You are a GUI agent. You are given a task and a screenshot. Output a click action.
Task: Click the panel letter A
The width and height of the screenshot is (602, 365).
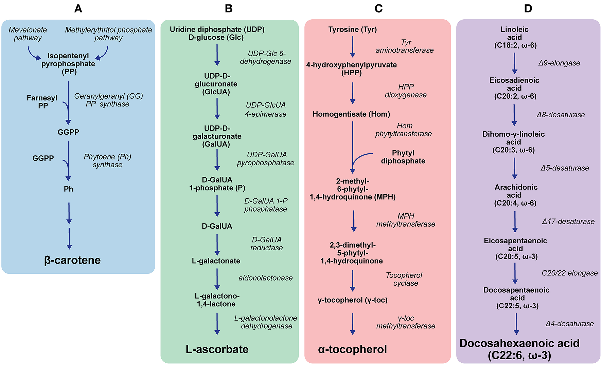pos(78,8)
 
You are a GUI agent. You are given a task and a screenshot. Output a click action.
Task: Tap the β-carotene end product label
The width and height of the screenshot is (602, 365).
pos(72,260)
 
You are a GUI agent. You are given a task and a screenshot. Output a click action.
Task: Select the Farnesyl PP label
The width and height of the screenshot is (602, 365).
pos(42,102)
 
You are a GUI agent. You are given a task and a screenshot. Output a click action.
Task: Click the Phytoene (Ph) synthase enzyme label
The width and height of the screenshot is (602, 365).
pos(107,161)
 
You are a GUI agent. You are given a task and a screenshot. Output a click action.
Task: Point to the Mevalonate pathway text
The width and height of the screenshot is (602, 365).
pos(28,34)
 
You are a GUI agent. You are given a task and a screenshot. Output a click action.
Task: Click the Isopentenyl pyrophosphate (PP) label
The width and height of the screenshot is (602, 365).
pos(68,63)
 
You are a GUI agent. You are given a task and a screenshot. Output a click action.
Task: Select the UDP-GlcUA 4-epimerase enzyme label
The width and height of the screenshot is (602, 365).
pos(266,110)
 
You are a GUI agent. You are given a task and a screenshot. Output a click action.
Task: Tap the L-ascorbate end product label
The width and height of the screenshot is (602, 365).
pos(217,349)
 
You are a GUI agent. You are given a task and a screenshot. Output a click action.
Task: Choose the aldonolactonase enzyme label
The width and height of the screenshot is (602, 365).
pos(265,278)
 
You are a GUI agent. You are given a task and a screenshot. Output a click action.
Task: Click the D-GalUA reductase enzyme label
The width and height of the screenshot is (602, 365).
pos(267,244)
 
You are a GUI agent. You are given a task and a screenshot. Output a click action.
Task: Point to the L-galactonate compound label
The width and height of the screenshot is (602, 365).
pos(216,261)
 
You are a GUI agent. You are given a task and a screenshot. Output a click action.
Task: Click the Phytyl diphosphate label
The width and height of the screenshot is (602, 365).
pos(403,157)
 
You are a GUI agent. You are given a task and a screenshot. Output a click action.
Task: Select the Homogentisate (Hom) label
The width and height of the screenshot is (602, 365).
pos(351,114)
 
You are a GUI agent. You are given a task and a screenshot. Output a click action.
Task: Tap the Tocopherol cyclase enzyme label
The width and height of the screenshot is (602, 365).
pos(404,279)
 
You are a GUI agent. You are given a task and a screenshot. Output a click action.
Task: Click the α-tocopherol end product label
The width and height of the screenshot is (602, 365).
pos(352,349)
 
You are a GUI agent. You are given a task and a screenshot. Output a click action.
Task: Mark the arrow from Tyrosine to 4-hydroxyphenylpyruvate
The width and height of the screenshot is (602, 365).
pos(353,47)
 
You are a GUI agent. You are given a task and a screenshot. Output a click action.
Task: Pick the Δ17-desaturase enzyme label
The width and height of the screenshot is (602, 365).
pos(568,222)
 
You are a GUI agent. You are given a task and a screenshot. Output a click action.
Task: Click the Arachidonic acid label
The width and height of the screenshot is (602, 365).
pos(515,195)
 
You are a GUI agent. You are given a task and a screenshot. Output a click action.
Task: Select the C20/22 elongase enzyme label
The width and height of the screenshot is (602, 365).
pos(569,273)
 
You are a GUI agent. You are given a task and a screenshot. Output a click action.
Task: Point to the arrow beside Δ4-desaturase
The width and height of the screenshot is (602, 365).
pos(516,324)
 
